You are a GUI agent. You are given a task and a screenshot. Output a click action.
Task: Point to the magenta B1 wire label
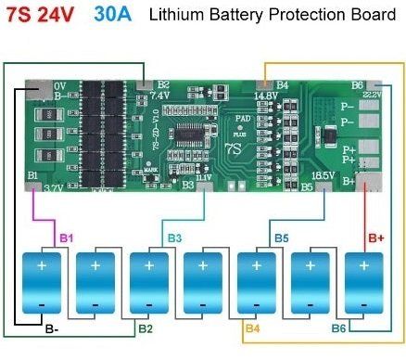(66, 238)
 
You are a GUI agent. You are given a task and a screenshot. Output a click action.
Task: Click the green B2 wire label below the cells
(145, 328)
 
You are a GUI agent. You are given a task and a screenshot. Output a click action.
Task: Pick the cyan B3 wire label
(174, 238)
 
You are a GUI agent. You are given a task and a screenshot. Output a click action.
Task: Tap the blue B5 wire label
(281, 238)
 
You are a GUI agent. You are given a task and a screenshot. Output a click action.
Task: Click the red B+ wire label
(376, 238)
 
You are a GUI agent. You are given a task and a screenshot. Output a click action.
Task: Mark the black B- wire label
(52, 328)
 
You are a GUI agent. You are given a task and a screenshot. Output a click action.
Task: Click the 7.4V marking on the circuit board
(159, 95)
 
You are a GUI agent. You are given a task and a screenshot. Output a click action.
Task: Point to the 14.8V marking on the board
(266, 95)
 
